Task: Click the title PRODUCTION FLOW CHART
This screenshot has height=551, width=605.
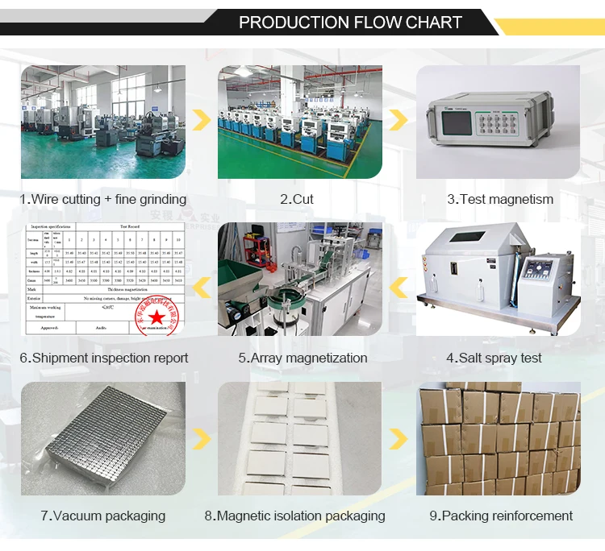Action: (350, 23)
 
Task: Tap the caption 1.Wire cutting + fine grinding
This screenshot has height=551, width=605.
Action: (102, 199)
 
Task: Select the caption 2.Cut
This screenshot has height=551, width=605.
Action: (297, 199)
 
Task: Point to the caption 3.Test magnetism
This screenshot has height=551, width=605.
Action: (500, 199)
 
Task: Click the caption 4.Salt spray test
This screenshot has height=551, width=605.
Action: (494, 358)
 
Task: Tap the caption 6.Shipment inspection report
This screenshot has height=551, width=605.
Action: (104, 358)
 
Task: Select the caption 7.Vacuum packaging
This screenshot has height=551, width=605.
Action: (103, 516)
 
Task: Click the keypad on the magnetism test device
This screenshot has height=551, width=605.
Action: (508, 124)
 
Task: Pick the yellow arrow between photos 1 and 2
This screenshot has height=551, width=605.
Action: (202, 121)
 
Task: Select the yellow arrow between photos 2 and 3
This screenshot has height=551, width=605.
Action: (398, 121)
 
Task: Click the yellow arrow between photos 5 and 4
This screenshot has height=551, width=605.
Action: (398, 283)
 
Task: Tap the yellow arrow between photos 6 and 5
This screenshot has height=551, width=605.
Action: (202, 283)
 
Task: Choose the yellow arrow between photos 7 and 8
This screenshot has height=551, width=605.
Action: (202, 439)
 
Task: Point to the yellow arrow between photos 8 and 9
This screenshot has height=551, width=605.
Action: (398, 439)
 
